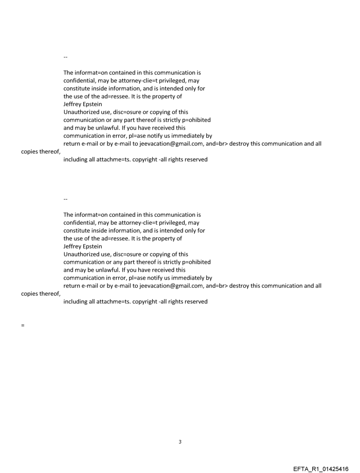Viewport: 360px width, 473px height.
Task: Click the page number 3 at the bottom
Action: pos(180,442)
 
